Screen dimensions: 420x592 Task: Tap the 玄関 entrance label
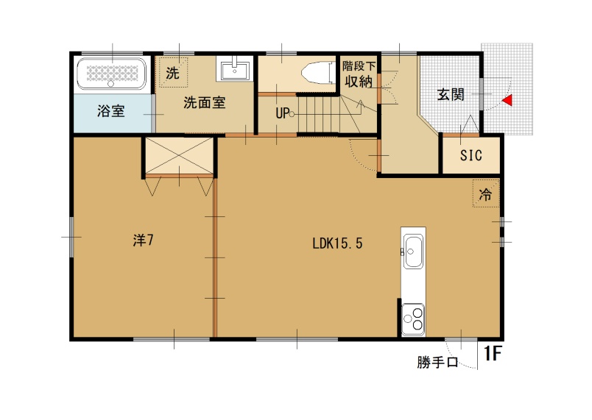(450, 94)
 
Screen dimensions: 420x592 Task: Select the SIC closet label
(471, 155)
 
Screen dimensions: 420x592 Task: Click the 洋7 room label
(143, 241)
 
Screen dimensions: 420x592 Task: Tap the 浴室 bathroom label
(110, 112)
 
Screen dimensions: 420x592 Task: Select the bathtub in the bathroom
(113, 74)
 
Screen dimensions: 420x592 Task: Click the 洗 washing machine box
(172, 74)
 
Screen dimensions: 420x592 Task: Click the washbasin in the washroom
(235, 69)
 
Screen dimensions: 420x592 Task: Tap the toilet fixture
(315, 74)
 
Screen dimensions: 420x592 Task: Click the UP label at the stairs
(283, 114)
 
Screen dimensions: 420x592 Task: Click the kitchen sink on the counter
(413, 252)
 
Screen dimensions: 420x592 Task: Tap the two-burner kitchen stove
(412, 318)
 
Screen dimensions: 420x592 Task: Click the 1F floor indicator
(492, 355)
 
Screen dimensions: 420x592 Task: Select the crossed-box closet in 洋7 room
(178, 155)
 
